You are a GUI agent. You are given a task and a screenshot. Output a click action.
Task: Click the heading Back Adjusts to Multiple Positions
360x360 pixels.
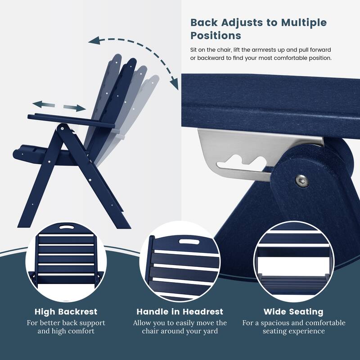(259, 28)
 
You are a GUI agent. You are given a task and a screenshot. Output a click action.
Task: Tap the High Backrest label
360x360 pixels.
(66, 311)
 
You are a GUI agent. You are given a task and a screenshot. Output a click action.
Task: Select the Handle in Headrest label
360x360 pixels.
(180, 311)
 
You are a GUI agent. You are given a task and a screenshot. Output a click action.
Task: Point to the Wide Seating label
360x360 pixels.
(293, 311)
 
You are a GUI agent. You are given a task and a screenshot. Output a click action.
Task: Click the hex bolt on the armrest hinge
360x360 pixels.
(300, 181)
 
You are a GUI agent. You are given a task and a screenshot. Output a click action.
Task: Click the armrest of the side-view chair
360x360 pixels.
(67, 120)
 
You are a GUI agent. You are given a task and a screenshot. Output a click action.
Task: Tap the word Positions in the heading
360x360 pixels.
(216, 35)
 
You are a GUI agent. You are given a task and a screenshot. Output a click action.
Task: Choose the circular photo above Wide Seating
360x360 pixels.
(293, 262)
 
